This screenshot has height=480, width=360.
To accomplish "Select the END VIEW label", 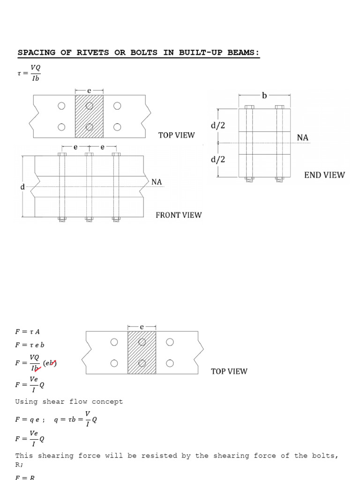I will tap(324, 175).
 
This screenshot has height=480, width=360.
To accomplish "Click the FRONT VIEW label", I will tap(179, 215).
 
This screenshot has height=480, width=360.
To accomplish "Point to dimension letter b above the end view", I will tap(264, 96).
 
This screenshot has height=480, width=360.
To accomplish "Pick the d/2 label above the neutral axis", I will tap(218, 126).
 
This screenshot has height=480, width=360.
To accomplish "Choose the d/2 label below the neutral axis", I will tap(218, 159).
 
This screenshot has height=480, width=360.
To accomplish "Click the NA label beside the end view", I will tap(303, 137).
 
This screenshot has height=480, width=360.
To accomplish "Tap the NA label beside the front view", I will tap(157, 182).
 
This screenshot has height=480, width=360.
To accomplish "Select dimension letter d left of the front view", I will tap(22, 187).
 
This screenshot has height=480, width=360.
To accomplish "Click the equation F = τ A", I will tap(27, 332).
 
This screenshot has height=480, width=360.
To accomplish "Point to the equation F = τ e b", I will tap(30, 345).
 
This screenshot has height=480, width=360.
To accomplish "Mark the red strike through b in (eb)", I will tap(54, 362).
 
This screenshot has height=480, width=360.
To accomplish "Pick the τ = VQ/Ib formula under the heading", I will tap(29, 73).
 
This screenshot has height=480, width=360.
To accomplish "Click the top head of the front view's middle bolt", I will tap(89, 154).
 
